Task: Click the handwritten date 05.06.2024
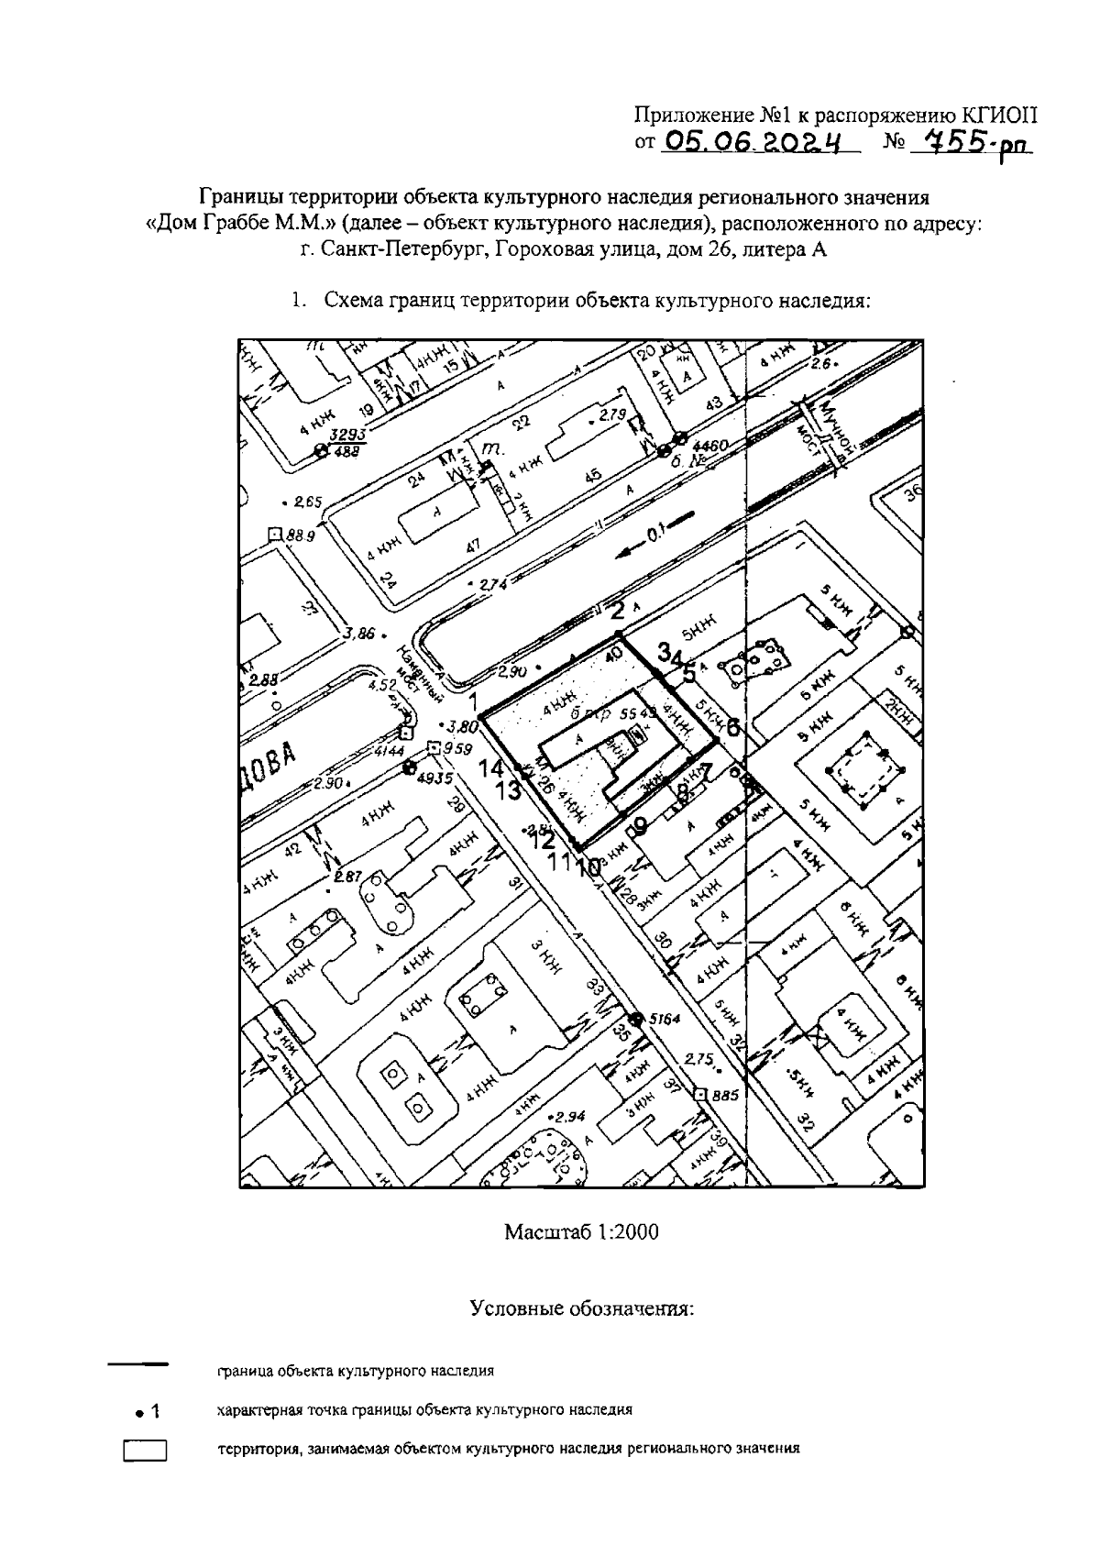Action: click(x=753, y=141)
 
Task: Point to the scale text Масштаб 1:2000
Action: click(x=581, y=1231)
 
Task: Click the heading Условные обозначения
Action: click(x=582, y=1308)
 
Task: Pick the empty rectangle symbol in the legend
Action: click(x=145, y=1451)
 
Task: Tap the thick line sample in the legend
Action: click(x=138, y=1365)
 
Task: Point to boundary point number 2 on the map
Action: click(x=619, y=612)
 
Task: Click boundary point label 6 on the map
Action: click(x=732, y=728)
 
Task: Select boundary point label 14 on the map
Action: click(x=492, y=768)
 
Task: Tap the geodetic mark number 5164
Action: click(x=666, y=1018)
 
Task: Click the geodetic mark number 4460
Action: click(x=711, y=446)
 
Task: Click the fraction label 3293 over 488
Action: click(x=348, y=443)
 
